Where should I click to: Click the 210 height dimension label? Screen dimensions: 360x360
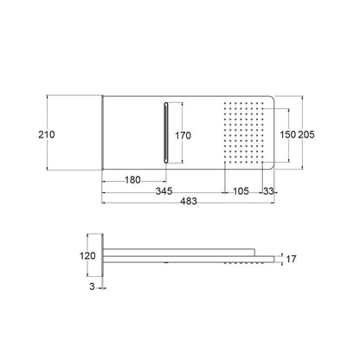(47, 134)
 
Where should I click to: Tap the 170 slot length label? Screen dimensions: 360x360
(183, 135)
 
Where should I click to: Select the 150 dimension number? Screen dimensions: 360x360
(288, 134)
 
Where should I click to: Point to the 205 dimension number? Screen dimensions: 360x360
(306, 134)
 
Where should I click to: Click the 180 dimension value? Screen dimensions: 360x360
(132, 180)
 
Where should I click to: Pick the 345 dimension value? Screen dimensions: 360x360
(164, 191)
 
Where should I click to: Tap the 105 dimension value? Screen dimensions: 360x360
(241, 191)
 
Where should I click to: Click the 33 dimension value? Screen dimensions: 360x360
(268, 191)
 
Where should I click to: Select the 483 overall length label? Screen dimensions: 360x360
(189, 201)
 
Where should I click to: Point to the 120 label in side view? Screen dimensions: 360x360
(87, 256)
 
